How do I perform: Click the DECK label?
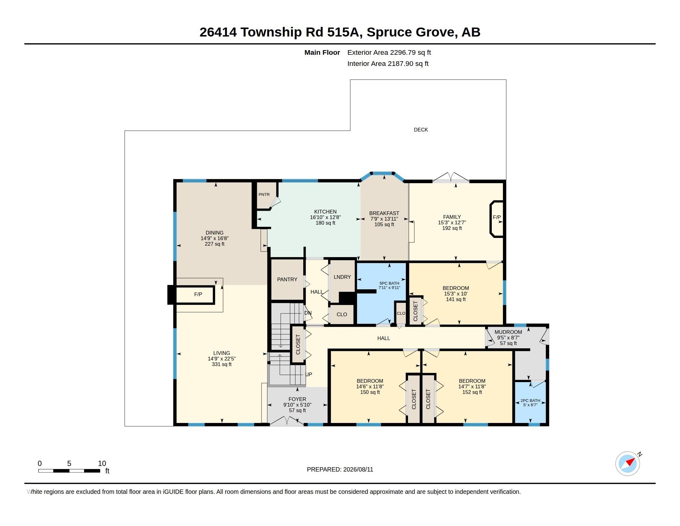[421, 130]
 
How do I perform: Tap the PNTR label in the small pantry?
[264, 194]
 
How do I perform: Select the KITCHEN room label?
[325, 212]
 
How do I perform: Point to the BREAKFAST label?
[384, 213]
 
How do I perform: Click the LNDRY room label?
[342, 277]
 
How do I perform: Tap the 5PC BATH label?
[389, 283]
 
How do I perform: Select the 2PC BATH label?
[530, 400]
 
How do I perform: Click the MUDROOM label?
[508, 332]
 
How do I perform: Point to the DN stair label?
[308, 313]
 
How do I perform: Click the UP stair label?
[308, 374]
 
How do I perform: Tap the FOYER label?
[297, 399]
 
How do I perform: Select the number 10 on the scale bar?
[102, 463]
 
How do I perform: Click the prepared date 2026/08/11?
[358, 469]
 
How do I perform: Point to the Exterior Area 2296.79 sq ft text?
[389, 52]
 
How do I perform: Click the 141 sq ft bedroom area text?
[456, 299]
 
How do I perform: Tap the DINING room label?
[215, 232]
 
